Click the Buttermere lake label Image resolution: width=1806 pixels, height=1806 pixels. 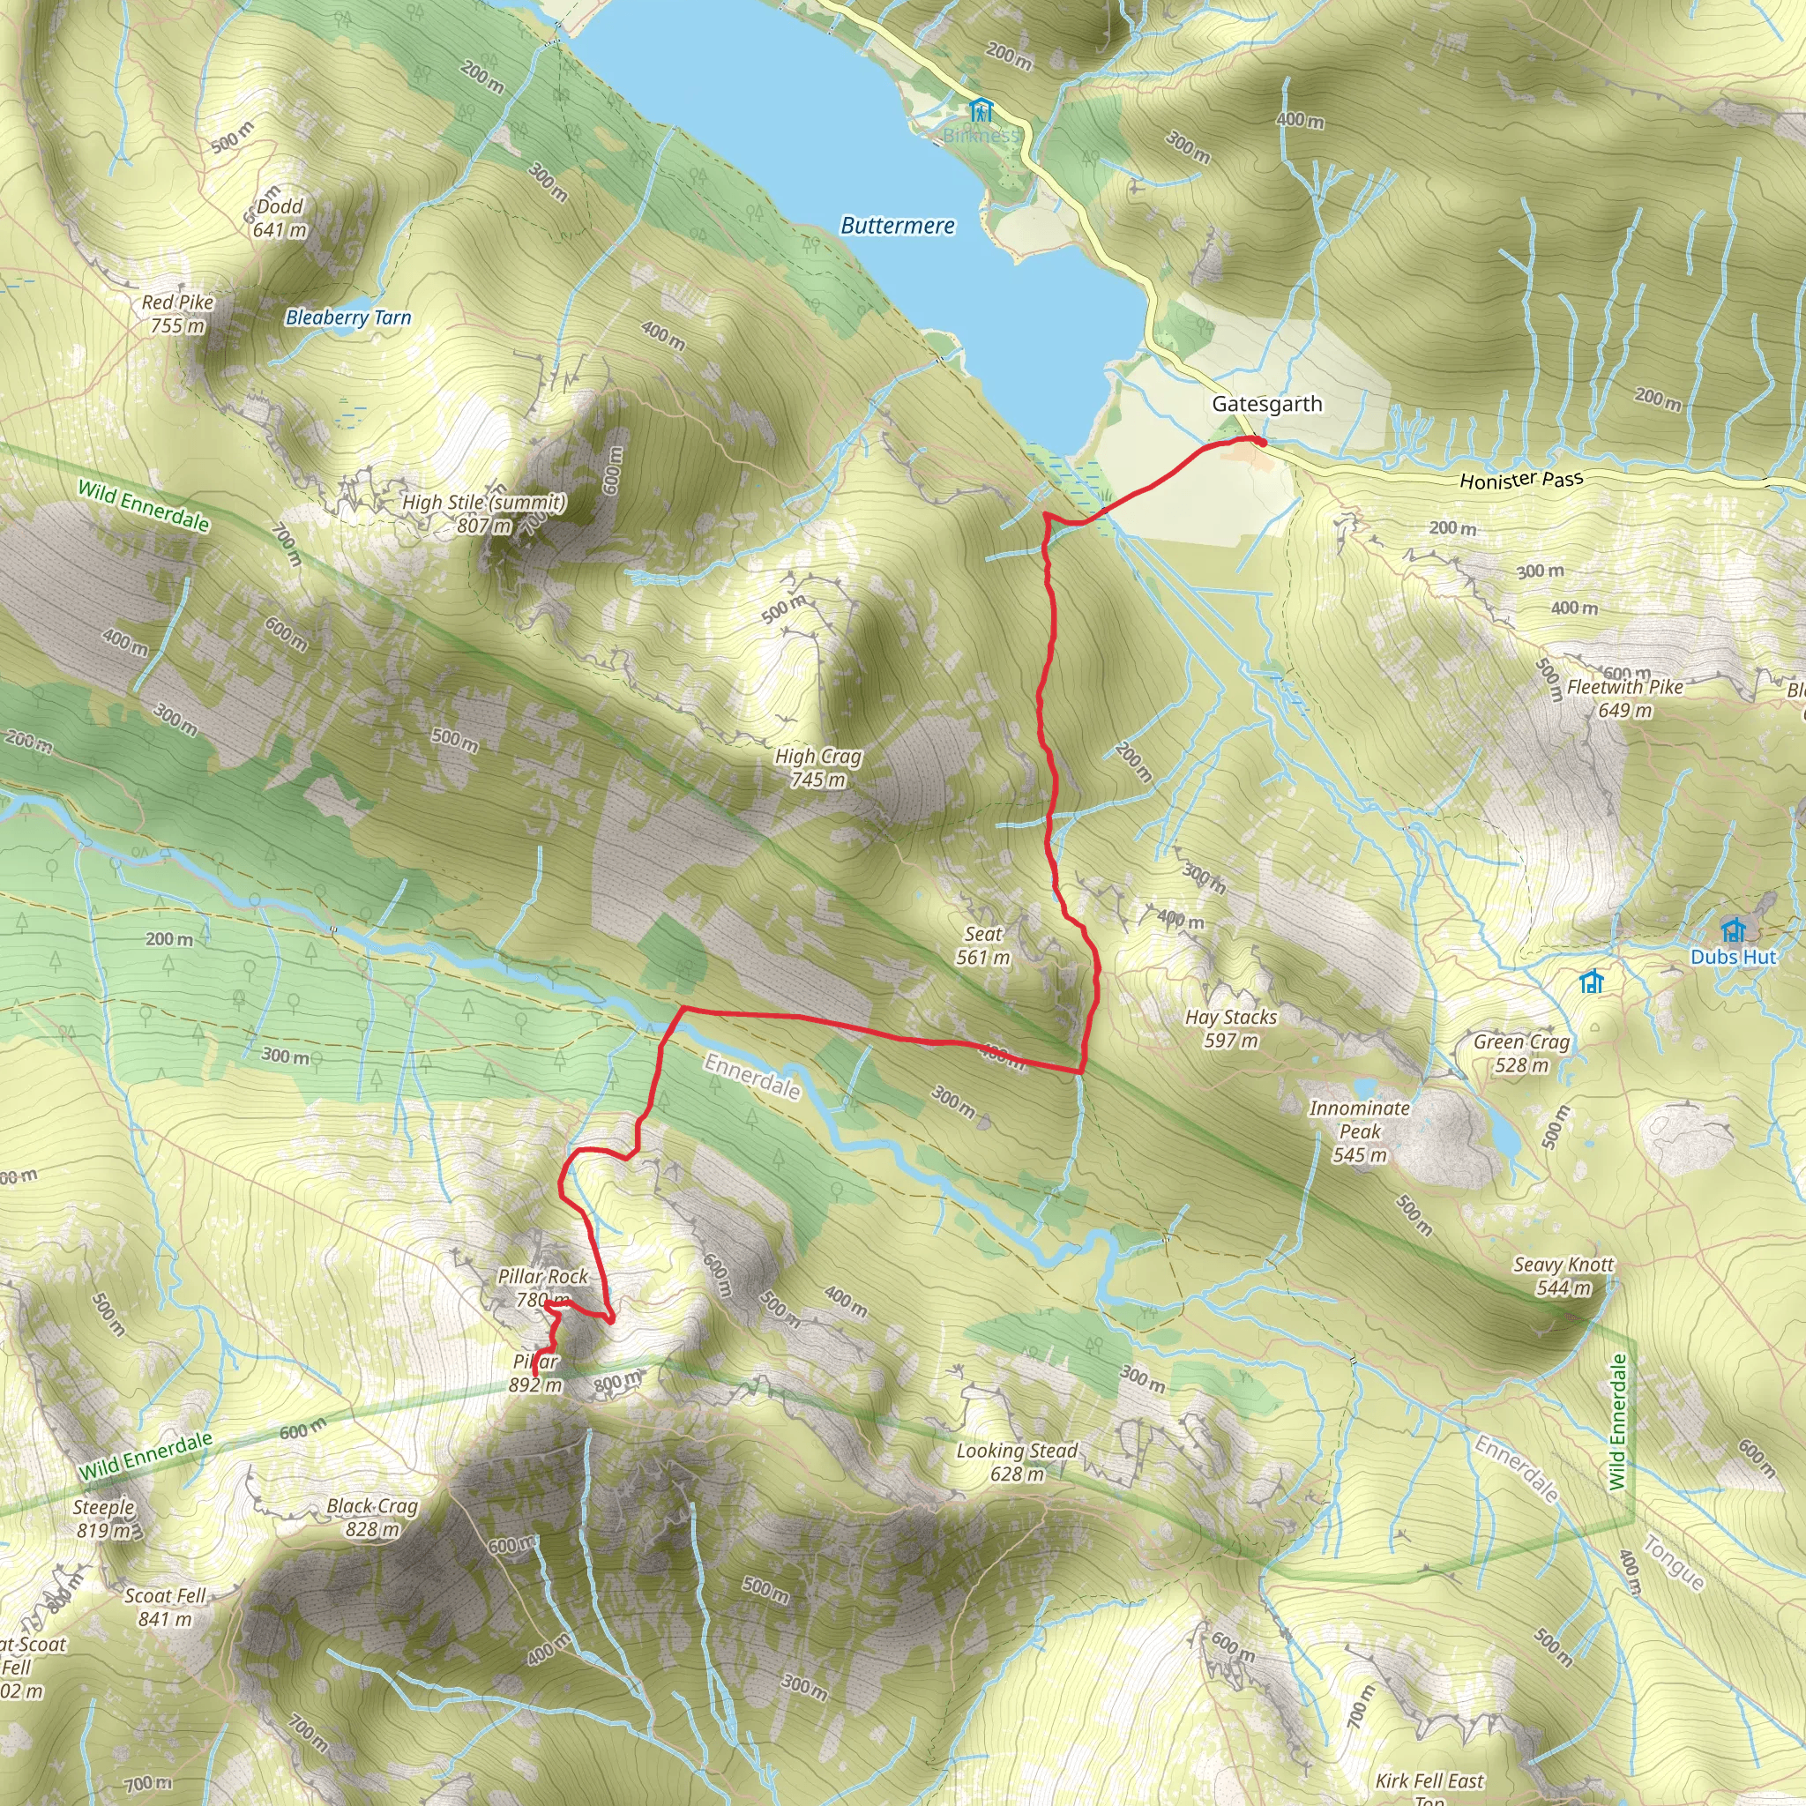898,225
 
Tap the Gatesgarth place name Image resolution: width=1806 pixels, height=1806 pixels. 1266,404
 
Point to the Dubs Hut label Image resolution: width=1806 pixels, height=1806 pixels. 1732,956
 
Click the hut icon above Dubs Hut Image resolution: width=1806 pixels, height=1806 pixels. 1732,930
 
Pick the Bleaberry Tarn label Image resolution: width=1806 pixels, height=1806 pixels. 347,317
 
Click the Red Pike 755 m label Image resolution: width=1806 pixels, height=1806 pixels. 177,314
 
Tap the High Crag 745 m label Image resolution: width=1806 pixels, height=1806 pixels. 818,767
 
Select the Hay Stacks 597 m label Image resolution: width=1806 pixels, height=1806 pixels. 1230,1028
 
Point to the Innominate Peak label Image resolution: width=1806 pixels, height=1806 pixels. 1359,1131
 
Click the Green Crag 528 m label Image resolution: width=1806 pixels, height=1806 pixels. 1521,1054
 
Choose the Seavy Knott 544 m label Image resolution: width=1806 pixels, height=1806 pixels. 1563,1276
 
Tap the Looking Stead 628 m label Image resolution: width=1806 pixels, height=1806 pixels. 1016,1462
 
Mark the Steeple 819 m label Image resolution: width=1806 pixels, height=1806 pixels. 104,1519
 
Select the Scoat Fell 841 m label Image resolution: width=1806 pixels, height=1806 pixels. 166,1607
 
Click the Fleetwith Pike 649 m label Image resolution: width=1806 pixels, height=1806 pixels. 1624,698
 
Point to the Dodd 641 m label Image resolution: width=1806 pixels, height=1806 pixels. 280,218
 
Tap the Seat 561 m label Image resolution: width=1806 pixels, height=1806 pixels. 982,945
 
